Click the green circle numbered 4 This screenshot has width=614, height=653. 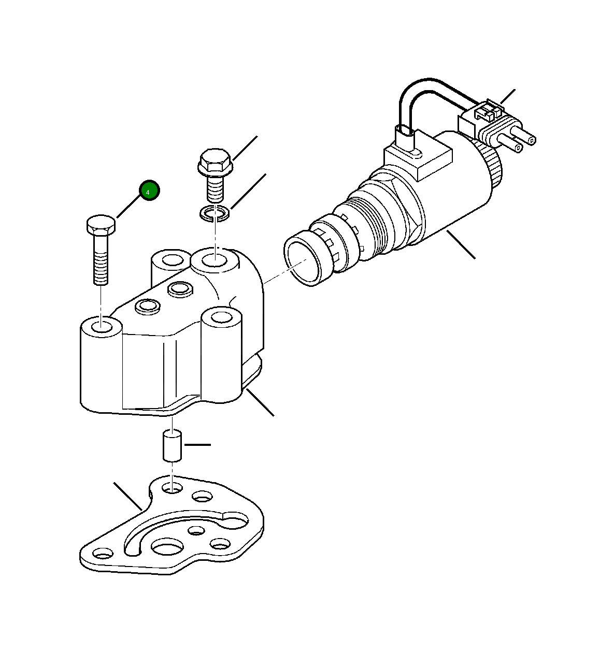pos(149,191)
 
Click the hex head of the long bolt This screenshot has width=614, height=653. pos(101,225)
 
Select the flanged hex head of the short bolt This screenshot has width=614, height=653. pos(213,161)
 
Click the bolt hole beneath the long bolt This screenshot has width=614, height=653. pos(102,327)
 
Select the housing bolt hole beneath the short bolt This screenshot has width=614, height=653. pos(214,259)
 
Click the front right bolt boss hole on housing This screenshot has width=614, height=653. pos(222,316)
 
